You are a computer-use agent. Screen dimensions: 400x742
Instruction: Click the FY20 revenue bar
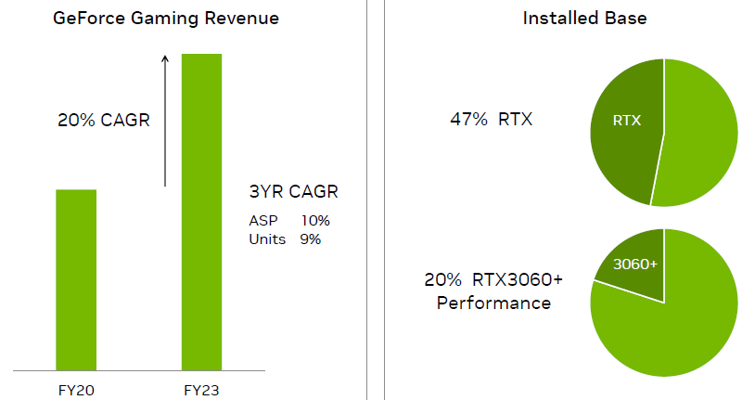pyautogui.click(x=76, y=278)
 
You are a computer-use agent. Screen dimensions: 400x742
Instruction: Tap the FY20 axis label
pyautogui.click(x=76, y=389)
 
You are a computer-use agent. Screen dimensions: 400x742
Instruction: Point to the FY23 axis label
pyautogui.click(x=201, y=389)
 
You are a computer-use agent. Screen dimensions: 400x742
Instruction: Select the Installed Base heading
pyautogui.click(x=572, y=19)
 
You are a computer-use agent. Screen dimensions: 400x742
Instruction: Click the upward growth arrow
pyautogui.click(x=165, y=121)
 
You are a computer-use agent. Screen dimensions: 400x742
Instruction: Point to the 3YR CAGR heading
pyautogui.click(x=293, y=192)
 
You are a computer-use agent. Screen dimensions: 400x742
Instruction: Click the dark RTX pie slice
pyautogui.click(x=626, y=125)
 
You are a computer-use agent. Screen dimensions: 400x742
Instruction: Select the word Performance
pyautogui.click(x=493, y=303)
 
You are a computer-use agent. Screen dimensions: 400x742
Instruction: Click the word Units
pyautogui.click(x=267, y=239)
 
